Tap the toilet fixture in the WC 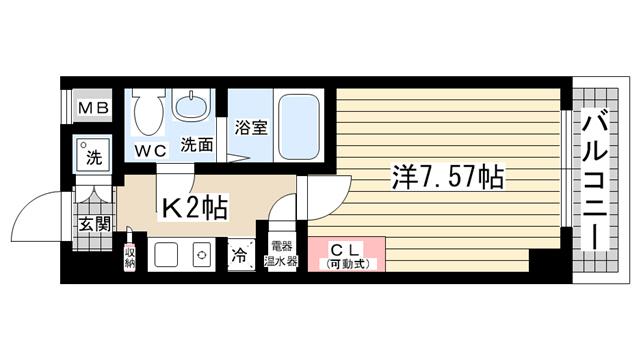point(148,113)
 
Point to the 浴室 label point(250,128)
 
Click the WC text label point(149,149)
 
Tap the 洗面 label point(196,145)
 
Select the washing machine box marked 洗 point(92,156)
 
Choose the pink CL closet point(348,255)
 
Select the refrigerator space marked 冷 point(241,254)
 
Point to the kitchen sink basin point(166,256)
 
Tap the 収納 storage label point(130,257)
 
